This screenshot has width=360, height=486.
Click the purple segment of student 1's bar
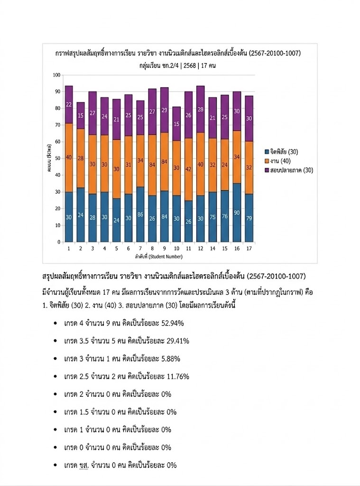pos(69,104)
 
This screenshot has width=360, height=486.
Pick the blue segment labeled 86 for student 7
pos(141,215)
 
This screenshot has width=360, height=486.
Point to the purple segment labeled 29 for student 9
pos(165,110)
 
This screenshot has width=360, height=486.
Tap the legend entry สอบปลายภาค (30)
pos(289,170)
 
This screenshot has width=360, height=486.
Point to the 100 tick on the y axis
pos(57,75)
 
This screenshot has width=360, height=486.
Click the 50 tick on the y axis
pos(58,159)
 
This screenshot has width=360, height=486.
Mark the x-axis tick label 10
pos(177,248)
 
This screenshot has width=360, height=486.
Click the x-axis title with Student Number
pos(158,257)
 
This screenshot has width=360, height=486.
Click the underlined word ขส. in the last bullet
pos(85,465)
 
